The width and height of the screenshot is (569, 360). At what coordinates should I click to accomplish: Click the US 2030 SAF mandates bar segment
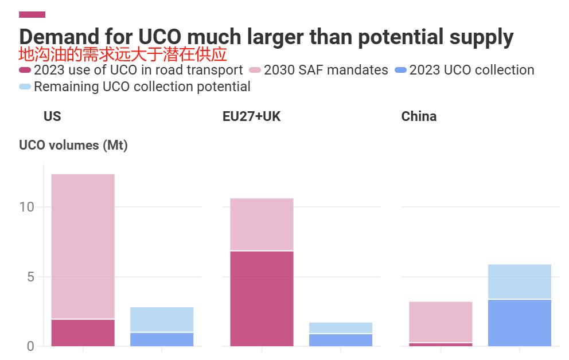tap(83, 246)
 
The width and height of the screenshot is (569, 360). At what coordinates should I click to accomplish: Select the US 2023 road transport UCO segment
tap(83, 332)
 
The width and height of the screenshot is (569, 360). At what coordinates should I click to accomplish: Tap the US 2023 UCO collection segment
tap(162, 339)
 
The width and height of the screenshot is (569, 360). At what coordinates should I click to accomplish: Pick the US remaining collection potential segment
tap(162, 319)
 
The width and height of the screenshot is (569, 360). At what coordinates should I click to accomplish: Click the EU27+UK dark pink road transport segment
tap(262, 299)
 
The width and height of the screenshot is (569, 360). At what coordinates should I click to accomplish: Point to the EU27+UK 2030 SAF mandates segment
tap(262, 224)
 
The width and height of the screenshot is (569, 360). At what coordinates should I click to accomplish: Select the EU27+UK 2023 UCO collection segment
tap(341, 340)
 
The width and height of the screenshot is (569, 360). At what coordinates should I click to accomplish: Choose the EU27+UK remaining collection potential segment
tap(341, 327)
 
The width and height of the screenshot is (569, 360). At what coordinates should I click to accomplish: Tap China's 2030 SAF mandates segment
tap(441, 322)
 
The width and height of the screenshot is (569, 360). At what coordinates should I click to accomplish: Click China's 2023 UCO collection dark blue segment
tap(520, 323)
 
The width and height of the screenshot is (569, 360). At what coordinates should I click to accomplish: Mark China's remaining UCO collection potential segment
tap(520, 281)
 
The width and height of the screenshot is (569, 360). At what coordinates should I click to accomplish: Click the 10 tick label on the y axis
tap(27, 207)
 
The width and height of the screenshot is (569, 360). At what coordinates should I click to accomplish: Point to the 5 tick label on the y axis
tap(30, 277)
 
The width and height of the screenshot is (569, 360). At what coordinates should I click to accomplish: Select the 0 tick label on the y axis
tap(30, 346)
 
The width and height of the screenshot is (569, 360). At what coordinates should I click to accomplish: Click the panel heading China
tap(419, 116)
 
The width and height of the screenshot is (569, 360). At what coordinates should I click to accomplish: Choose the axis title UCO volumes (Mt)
tap(73, 146)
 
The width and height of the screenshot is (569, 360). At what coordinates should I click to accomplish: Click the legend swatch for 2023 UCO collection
tap(401, 71)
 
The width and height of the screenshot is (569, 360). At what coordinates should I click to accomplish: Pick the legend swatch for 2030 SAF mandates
tap(255, 71)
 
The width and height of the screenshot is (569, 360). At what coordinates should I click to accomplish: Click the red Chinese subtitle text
tap(123, 54)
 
